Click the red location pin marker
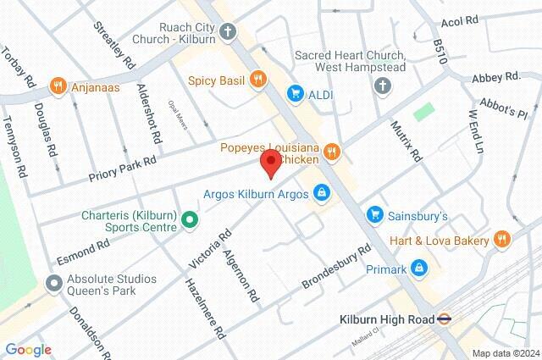271,162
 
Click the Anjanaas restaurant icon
58,85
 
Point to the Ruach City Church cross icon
228,32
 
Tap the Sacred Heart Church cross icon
383,86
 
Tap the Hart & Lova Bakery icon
502,241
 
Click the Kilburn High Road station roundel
444,320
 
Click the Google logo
28,349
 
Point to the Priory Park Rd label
123,168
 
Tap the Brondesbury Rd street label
338,269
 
